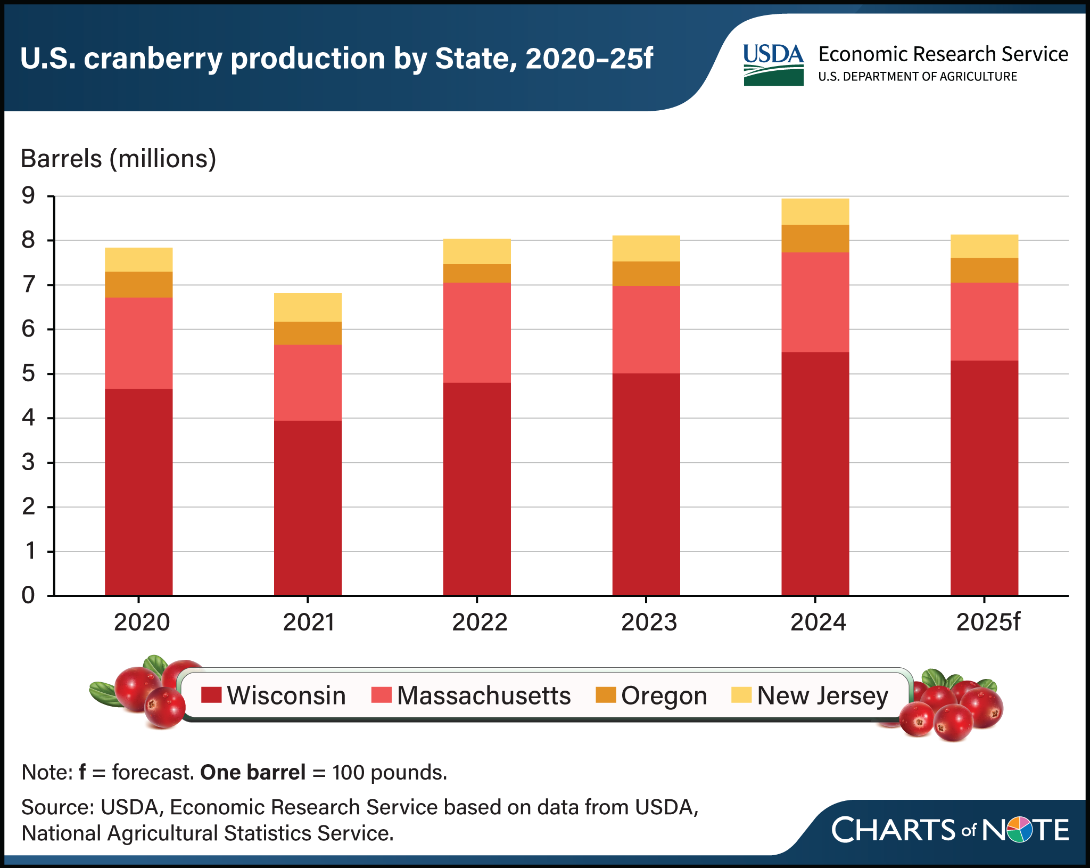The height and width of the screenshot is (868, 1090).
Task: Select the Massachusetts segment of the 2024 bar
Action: tap(815, 302)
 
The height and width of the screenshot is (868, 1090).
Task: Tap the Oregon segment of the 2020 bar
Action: tap(138, 284)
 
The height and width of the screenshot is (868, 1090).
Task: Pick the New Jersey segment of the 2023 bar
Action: tap(646, 248)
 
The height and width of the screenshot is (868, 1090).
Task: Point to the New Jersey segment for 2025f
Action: tap(984, 246)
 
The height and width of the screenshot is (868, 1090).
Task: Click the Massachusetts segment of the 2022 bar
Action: tap(477, 332)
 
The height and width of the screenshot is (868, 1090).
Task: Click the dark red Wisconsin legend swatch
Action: tap(211, 695)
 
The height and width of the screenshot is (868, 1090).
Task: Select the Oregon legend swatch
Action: tap(606, 695)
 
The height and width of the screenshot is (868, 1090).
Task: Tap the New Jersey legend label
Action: tap(822, 695)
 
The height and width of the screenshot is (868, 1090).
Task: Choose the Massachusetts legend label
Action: tap(483, 695)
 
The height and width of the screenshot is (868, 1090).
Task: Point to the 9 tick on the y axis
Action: tap(28, 196)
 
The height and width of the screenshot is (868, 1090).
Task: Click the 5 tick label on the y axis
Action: tap(28, 373)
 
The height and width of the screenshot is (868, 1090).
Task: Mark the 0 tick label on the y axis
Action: tap(28, 595)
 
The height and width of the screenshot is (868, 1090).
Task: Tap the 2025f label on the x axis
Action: tap(988, 622)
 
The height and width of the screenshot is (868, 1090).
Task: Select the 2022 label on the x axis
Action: tap(480, 622)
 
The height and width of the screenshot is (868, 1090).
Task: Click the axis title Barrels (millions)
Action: tap(118, 159)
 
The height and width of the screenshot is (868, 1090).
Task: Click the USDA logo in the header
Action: tap(773, 64)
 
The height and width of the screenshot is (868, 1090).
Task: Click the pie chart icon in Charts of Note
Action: tap(1020, 830)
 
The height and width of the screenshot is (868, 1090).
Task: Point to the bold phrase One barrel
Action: tap(252, 772)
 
